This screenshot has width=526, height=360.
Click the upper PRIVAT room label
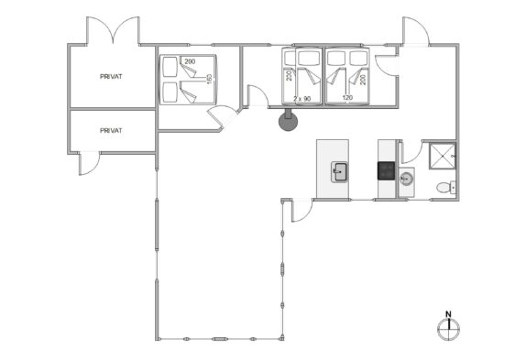111,77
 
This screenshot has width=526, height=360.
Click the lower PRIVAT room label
111,131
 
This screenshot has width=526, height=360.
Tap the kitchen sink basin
339,172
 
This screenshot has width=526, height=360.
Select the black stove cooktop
387,171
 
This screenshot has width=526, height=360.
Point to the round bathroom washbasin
406,179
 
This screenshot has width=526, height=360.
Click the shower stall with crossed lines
442,156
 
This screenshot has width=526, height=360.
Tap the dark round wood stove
288,121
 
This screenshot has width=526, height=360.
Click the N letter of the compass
448,314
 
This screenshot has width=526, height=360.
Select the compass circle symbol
448,329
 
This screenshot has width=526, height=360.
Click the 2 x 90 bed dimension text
301,99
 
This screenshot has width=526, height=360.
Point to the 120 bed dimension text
347,98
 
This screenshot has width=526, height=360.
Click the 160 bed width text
210,79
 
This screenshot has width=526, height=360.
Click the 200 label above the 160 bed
190,61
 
